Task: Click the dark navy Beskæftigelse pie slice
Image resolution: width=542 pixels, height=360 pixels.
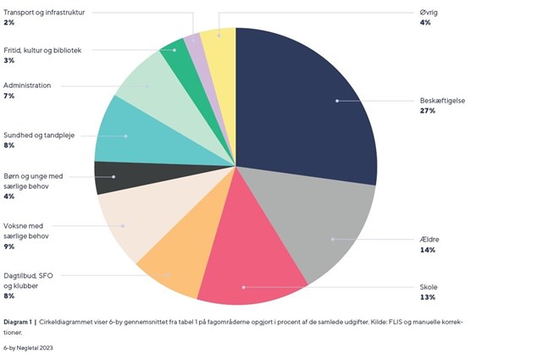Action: coord(313,102)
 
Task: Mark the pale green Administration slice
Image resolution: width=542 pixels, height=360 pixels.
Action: coord(144,85)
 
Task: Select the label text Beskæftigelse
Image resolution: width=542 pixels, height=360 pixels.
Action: coord(443,100)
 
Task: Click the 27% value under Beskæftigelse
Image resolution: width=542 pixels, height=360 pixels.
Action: coord(427,110)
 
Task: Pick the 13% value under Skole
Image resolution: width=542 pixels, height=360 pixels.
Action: coord(427,297)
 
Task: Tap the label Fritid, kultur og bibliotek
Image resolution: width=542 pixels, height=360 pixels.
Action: coord(42,50)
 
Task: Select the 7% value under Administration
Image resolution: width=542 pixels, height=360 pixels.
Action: coord(8,96)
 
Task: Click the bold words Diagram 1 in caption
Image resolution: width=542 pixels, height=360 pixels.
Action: coord(18,322)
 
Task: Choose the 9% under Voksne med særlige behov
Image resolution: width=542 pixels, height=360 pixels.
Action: coord(8,246)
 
